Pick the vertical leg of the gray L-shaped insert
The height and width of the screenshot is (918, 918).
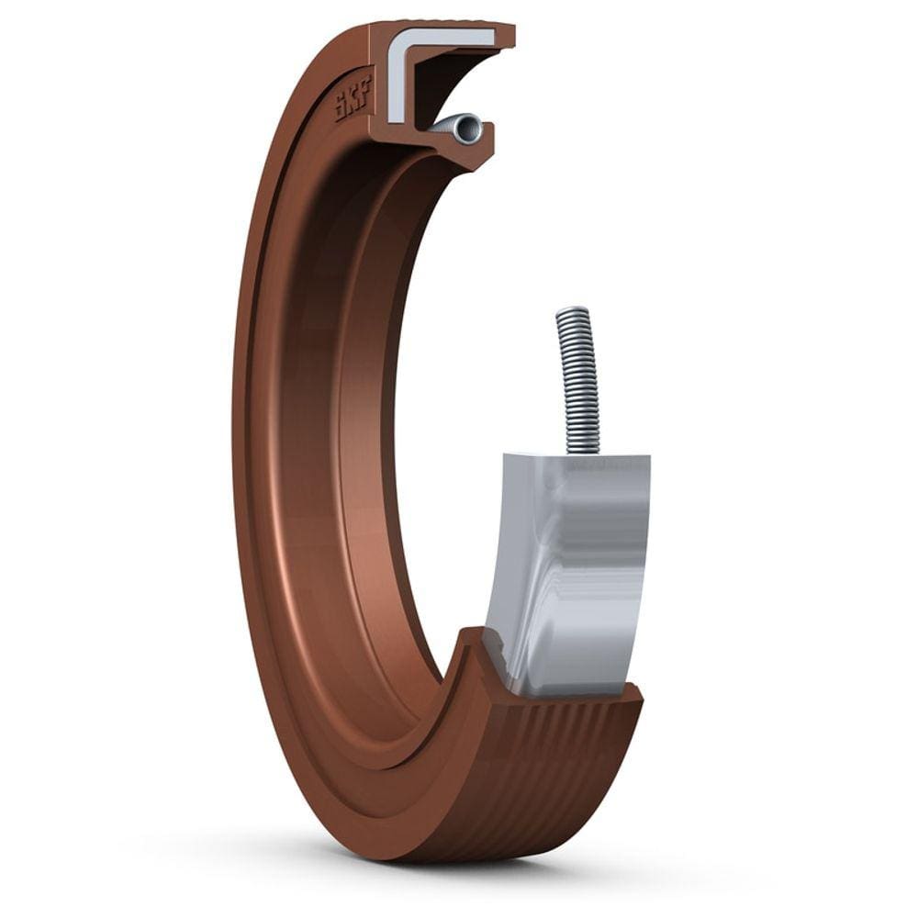396,87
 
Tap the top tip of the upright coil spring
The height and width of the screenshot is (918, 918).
572,311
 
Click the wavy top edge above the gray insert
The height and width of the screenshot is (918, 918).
441,26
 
